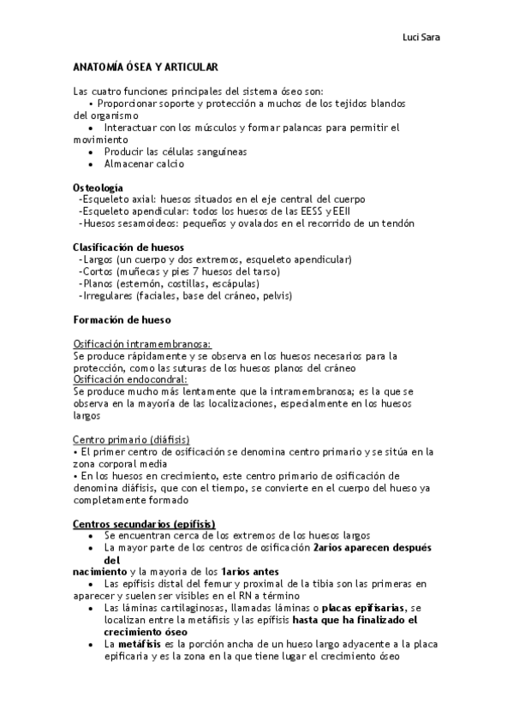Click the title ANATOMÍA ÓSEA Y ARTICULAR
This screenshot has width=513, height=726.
click(146, 66)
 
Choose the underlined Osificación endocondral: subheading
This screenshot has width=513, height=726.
click(131, 379)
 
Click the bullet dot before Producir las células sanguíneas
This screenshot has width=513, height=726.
click(91, 152)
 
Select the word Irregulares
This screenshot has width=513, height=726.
click(105, 295)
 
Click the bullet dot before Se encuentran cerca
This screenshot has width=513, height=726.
click(91, 535)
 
